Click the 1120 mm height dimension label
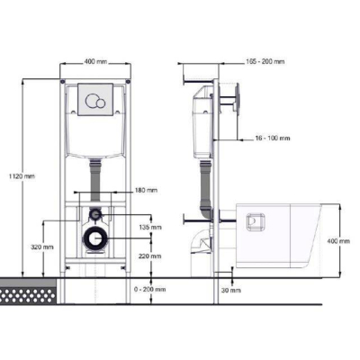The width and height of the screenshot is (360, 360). coord(22,176)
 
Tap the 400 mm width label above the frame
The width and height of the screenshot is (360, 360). coord(95,62)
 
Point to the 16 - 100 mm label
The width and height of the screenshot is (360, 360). coord(273,139)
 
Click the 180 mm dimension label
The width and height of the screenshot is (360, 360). coord(146,190)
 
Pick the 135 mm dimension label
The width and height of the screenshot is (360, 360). coord(150,227)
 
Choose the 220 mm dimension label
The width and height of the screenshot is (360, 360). coord(150,256)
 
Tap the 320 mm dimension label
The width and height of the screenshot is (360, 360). coord(42,247)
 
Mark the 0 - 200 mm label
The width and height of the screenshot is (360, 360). coord(150,290)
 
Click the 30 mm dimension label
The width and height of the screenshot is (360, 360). coord(231,290)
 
